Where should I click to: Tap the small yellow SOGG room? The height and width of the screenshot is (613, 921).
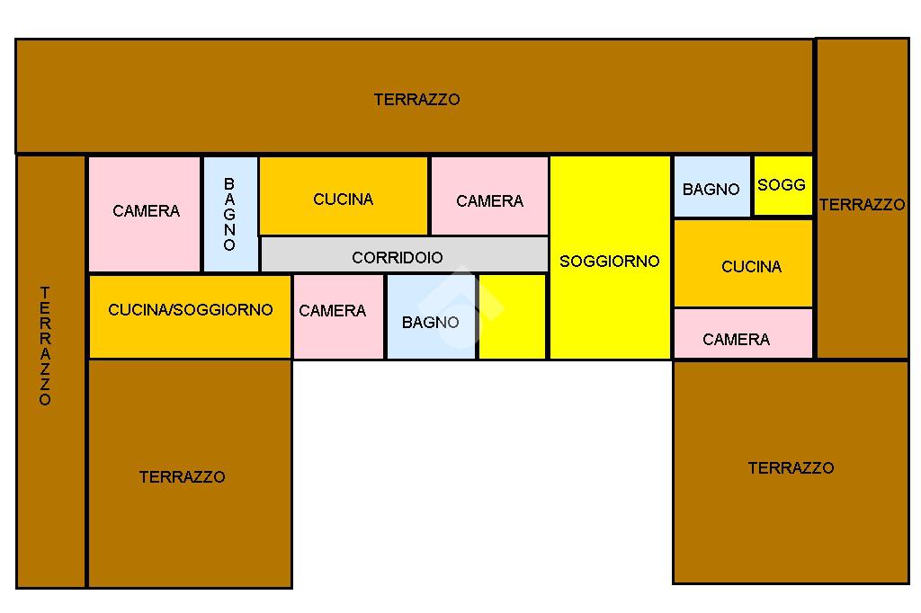[782, 186]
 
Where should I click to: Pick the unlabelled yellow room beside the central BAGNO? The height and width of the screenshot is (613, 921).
[512, 316]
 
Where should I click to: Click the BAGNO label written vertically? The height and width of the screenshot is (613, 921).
[229, 214]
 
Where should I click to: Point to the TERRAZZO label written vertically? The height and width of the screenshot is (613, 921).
[45, 346]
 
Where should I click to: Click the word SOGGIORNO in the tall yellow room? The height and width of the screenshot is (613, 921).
[610, 262]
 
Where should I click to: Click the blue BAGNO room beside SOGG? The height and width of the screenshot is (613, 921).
[711, 187]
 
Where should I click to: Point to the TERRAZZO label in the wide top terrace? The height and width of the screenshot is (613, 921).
[416, 100]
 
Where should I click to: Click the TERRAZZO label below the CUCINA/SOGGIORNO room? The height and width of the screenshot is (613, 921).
[183, 477]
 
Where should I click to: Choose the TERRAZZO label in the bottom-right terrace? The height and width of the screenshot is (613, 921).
[791, 468]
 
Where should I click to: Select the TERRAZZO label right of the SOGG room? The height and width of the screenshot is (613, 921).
[862, 205]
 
